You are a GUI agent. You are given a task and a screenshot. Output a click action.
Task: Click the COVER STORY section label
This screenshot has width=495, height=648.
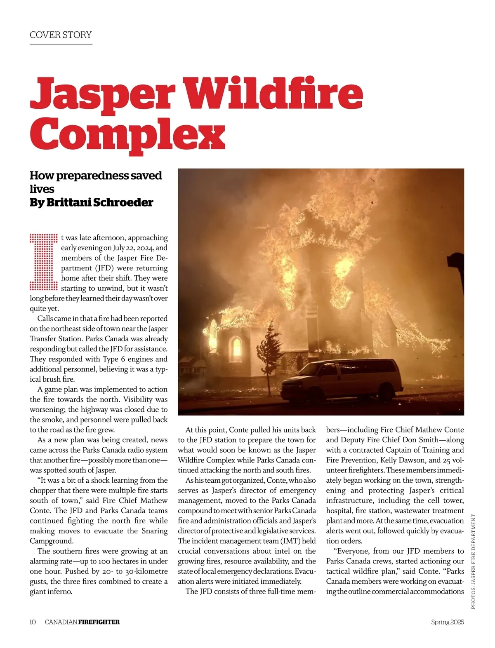point(61,35)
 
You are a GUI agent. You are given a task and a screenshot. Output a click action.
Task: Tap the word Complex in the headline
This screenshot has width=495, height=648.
point(127,133)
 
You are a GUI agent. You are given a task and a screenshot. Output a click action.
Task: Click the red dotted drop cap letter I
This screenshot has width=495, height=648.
point(43,262)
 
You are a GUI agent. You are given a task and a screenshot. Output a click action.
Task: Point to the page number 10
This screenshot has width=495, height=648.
point(33,622)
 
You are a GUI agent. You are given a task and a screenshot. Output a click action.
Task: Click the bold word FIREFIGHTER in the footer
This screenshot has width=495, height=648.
point(99,622)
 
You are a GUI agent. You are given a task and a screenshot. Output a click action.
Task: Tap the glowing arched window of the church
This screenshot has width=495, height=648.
point(236,347)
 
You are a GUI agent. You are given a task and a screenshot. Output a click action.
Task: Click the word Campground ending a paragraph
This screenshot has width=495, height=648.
point(51,541)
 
